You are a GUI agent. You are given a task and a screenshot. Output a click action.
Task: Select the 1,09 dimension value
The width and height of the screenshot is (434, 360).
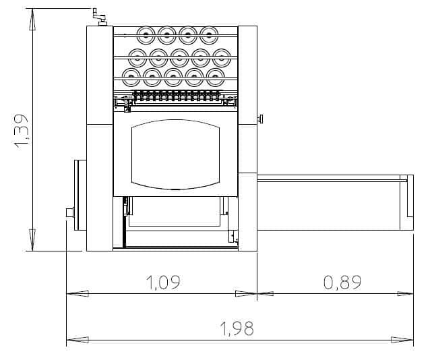163,282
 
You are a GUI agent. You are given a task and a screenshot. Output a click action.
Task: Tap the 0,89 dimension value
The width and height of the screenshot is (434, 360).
342,282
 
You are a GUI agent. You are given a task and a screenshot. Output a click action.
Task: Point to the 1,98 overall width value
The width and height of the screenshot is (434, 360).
237,328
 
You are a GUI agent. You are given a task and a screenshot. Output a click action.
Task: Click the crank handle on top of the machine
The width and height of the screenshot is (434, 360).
100,17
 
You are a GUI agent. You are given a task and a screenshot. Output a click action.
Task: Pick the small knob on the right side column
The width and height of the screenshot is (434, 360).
260,119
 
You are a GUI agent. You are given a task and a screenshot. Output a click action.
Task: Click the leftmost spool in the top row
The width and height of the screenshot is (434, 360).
146,35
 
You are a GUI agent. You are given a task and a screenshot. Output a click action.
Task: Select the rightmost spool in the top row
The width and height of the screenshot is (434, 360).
209,35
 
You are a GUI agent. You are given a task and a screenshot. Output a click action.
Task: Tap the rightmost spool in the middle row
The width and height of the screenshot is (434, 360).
222,57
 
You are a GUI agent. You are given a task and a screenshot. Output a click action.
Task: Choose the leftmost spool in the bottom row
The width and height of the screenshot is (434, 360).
131,77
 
